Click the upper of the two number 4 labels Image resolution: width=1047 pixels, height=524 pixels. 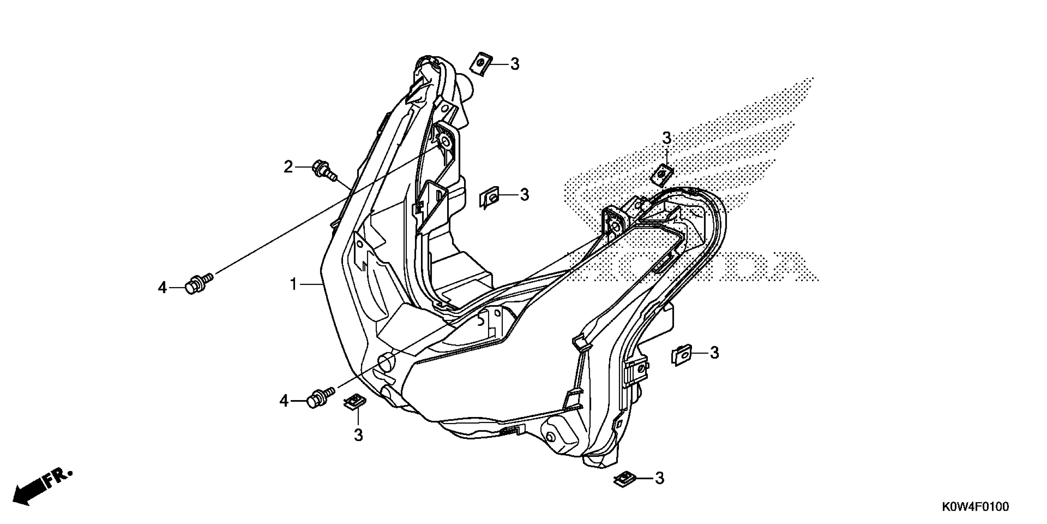tap(163, 288)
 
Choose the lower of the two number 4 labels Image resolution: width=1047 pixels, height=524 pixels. tap(284, 401)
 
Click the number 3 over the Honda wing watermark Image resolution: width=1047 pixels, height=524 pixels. tap(667, 138)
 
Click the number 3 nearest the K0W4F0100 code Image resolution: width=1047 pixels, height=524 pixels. tap(660, 478)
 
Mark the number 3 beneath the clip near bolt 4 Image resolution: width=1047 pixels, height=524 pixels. tap(358, 435)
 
